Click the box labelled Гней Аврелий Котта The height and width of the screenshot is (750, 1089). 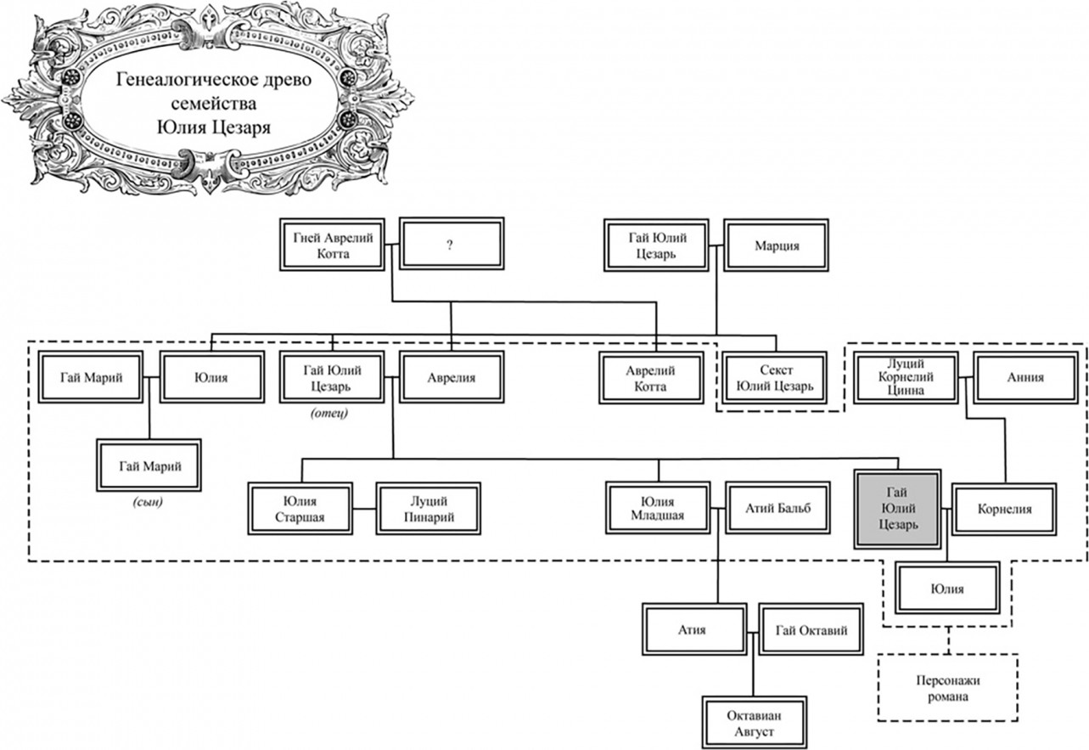click(x=332, y=245)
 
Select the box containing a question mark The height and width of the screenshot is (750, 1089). click(x=451, y=245)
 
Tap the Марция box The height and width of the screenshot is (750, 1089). click(x=776, y=245)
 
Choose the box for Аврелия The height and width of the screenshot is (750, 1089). click(x=451, y=377)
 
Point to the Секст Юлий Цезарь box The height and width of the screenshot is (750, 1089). click(x=776, y=378)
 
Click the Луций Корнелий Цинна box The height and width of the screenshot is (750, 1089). click(x=906, y=377)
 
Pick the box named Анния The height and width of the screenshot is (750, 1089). click(x=1025, y=377)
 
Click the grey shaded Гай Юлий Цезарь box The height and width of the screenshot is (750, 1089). click(x=897, y=509)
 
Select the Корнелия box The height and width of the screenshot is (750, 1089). click(x=1003, y=509)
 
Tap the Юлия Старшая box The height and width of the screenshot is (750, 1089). click(x=300, y=508)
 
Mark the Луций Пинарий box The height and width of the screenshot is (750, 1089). click(x=428, y=508)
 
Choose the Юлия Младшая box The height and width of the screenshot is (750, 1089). click(x=658, y=508)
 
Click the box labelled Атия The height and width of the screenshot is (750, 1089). click(x=693, y=629)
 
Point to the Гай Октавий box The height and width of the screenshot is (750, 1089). click(x=811, y=629)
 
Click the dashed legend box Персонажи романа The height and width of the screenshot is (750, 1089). click(x=947, y=687)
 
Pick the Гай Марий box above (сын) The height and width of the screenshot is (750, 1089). click(x=149, y=465)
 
